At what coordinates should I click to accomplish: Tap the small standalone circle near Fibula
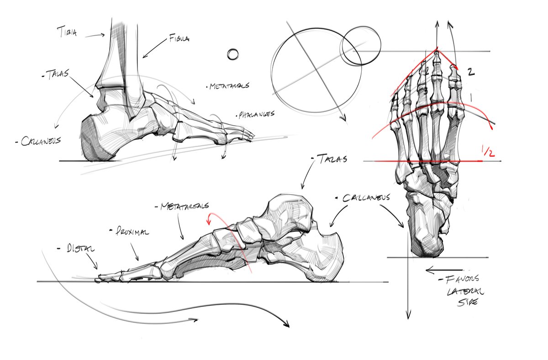[233, 54]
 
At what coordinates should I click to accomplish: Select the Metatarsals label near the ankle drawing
[229, 85]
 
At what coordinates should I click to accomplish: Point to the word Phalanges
[256, 114]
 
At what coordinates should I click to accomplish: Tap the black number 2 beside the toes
[472, 72]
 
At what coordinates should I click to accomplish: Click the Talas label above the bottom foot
[330, 159]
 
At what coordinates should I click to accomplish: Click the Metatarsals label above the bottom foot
[182, 206]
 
